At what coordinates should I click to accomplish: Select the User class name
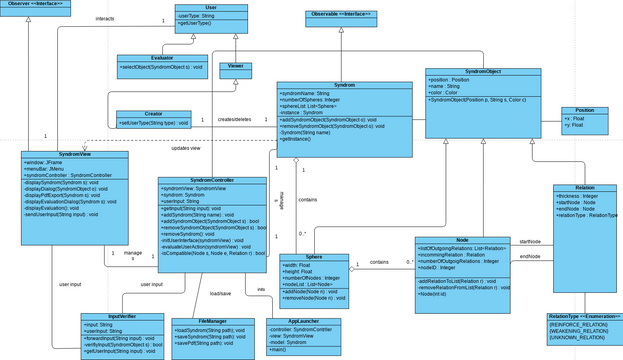click(x=211, y=8)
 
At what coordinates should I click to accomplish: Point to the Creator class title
click(x=153, y=114)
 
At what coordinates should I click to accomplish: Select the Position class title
click(x=584, y=110)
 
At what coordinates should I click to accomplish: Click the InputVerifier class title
click(x=121, y=316)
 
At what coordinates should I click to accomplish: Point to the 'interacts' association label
click(x=104, y=19)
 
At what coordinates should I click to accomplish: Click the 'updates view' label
click(x=185, y=148)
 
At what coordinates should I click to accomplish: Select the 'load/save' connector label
click(x=220, y=293)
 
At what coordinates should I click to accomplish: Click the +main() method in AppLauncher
click(x=279, y=349)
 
